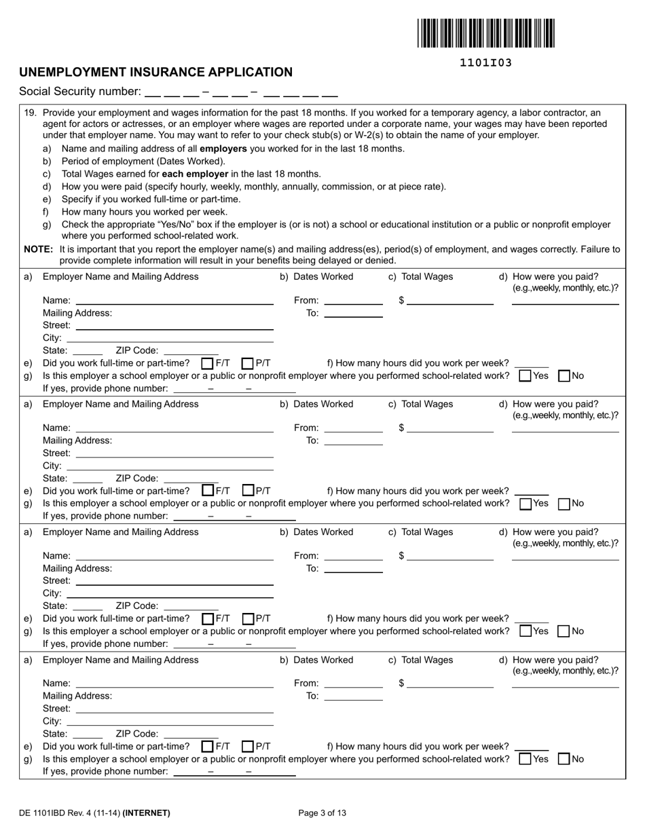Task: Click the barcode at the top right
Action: pos(485,33)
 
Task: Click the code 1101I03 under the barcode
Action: pos(485,63)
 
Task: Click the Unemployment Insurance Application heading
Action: pos(156,72)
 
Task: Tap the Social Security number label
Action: pos(80,92)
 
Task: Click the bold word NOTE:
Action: pos(39,249)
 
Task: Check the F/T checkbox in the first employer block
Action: pos(208,363)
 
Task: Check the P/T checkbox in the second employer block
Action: pos(248,490)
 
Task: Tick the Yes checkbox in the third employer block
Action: pos(525,631)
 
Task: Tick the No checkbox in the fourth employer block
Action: pos(564,759)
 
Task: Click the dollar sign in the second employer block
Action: pos(402,428)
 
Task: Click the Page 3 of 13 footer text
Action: pos(322,813)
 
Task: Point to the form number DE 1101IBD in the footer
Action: pos(50,813)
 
